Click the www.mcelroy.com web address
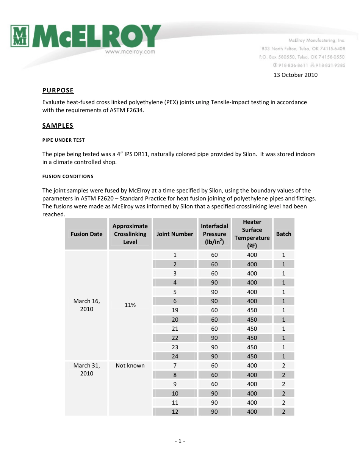[130, 52]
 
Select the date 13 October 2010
[296, 75]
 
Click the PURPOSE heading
[58, 91]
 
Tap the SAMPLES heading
[58, 126]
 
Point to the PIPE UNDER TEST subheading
[63, 140]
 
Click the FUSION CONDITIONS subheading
[67, 177]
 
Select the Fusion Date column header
[86, 234]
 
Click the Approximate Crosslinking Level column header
[130, 234]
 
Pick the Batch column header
[283, 234]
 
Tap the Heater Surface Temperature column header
[252, 234]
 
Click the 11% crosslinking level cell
[130, 305]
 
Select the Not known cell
[130, 366]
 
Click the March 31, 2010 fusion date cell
[86, 369]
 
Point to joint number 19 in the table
[175, 310]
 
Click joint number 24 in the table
[175, 357]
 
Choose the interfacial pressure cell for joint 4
[214, 283]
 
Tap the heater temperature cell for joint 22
[252, 338]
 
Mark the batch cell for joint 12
[283, 412]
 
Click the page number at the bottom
[180, 441]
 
